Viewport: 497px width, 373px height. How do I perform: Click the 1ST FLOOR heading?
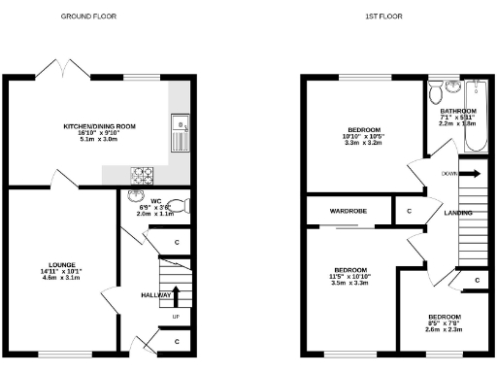(x=383, y=17)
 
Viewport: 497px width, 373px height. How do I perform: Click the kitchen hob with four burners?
(x=143, y=176)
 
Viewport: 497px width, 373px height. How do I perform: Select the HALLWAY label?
(x=156, y=295)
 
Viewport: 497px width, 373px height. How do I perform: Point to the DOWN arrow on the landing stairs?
(x=469, y=174)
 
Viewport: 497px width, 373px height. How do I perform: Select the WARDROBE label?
(x=347, y=210)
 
